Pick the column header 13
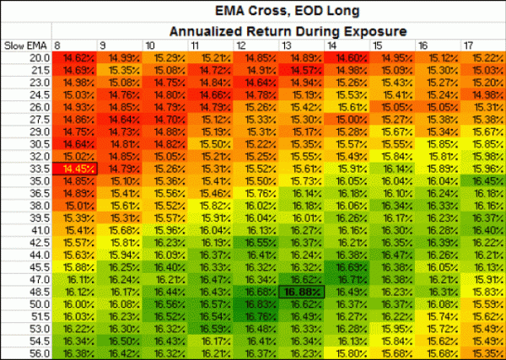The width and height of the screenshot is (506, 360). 284,44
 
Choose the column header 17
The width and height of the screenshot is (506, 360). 466,44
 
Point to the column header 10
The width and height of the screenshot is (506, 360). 149,44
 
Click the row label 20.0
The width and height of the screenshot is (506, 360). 37,57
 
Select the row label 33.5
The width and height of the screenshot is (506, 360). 37,169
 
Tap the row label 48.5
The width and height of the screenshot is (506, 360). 37,291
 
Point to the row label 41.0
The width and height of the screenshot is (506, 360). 37,229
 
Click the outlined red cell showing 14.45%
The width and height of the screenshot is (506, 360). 75,169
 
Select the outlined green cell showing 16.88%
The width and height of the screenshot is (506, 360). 302,291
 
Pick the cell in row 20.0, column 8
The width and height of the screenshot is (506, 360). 75,57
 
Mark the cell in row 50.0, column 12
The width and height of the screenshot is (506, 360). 256,304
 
